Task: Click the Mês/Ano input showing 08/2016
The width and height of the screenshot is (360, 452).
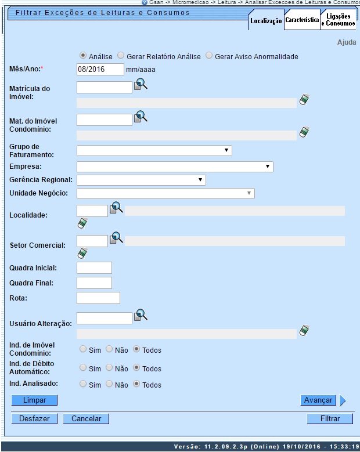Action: (100, 70)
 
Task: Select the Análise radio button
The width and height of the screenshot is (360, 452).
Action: (84, 56)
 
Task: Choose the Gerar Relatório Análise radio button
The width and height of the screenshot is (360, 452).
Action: (121, 56)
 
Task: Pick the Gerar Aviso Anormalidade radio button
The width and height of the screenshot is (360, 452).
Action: (209, 56)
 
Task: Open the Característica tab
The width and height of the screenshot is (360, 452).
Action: (302, 20)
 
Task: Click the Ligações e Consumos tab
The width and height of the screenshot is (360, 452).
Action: (339, 20)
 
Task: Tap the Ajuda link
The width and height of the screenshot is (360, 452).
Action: (347, 42)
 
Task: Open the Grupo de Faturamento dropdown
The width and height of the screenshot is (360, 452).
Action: (154, 151)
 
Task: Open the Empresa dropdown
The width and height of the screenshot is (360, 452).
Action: (174, 167)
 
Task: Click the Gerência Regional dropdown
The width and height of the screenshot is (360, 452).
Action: (141, 180)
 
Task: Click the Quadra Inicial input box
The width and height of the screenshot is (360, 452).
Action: (94, 267)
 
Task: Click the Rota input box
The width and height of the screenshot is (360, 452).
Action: (98, 298)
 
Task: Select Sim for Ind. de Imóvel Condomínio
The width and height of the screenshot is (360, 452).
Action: (83, 349)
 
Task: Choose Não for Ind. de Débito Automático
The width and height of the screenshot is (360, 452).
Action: (109, 368)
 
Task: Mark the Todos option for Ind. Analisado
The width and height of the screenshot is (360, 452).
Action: (136, 384)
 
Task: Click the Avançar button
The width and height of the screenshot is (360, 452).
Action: (318, 400)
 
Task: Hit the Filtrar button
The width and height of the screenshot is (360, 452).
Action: (330, 418)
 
